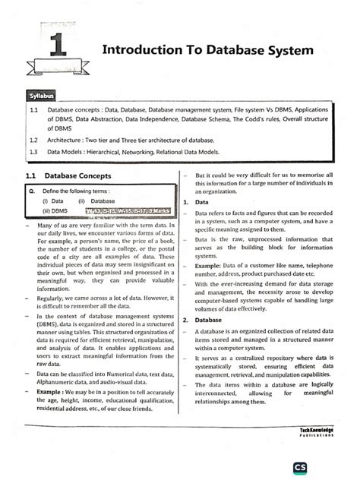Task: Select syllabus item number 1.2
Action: tap(33, 141)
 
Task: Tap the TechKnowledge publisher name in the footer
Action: tap(320, 430)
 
